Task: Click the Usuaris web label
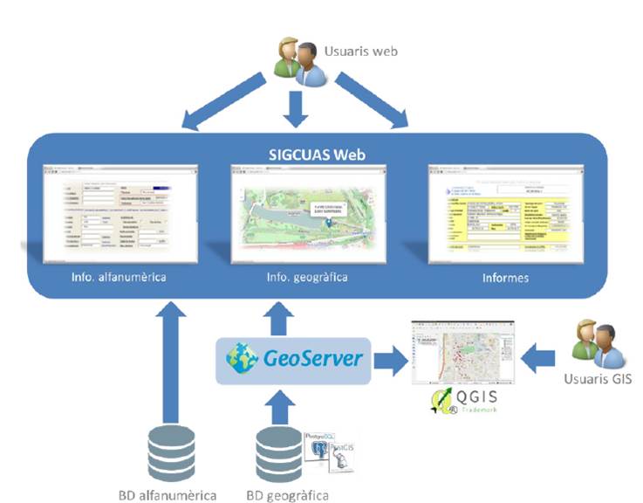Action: [x=360, y=52]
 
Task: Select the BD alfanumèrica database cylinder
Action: [x=171, y=451]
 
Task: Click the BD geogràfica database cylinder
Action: [x=280, y=451]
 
